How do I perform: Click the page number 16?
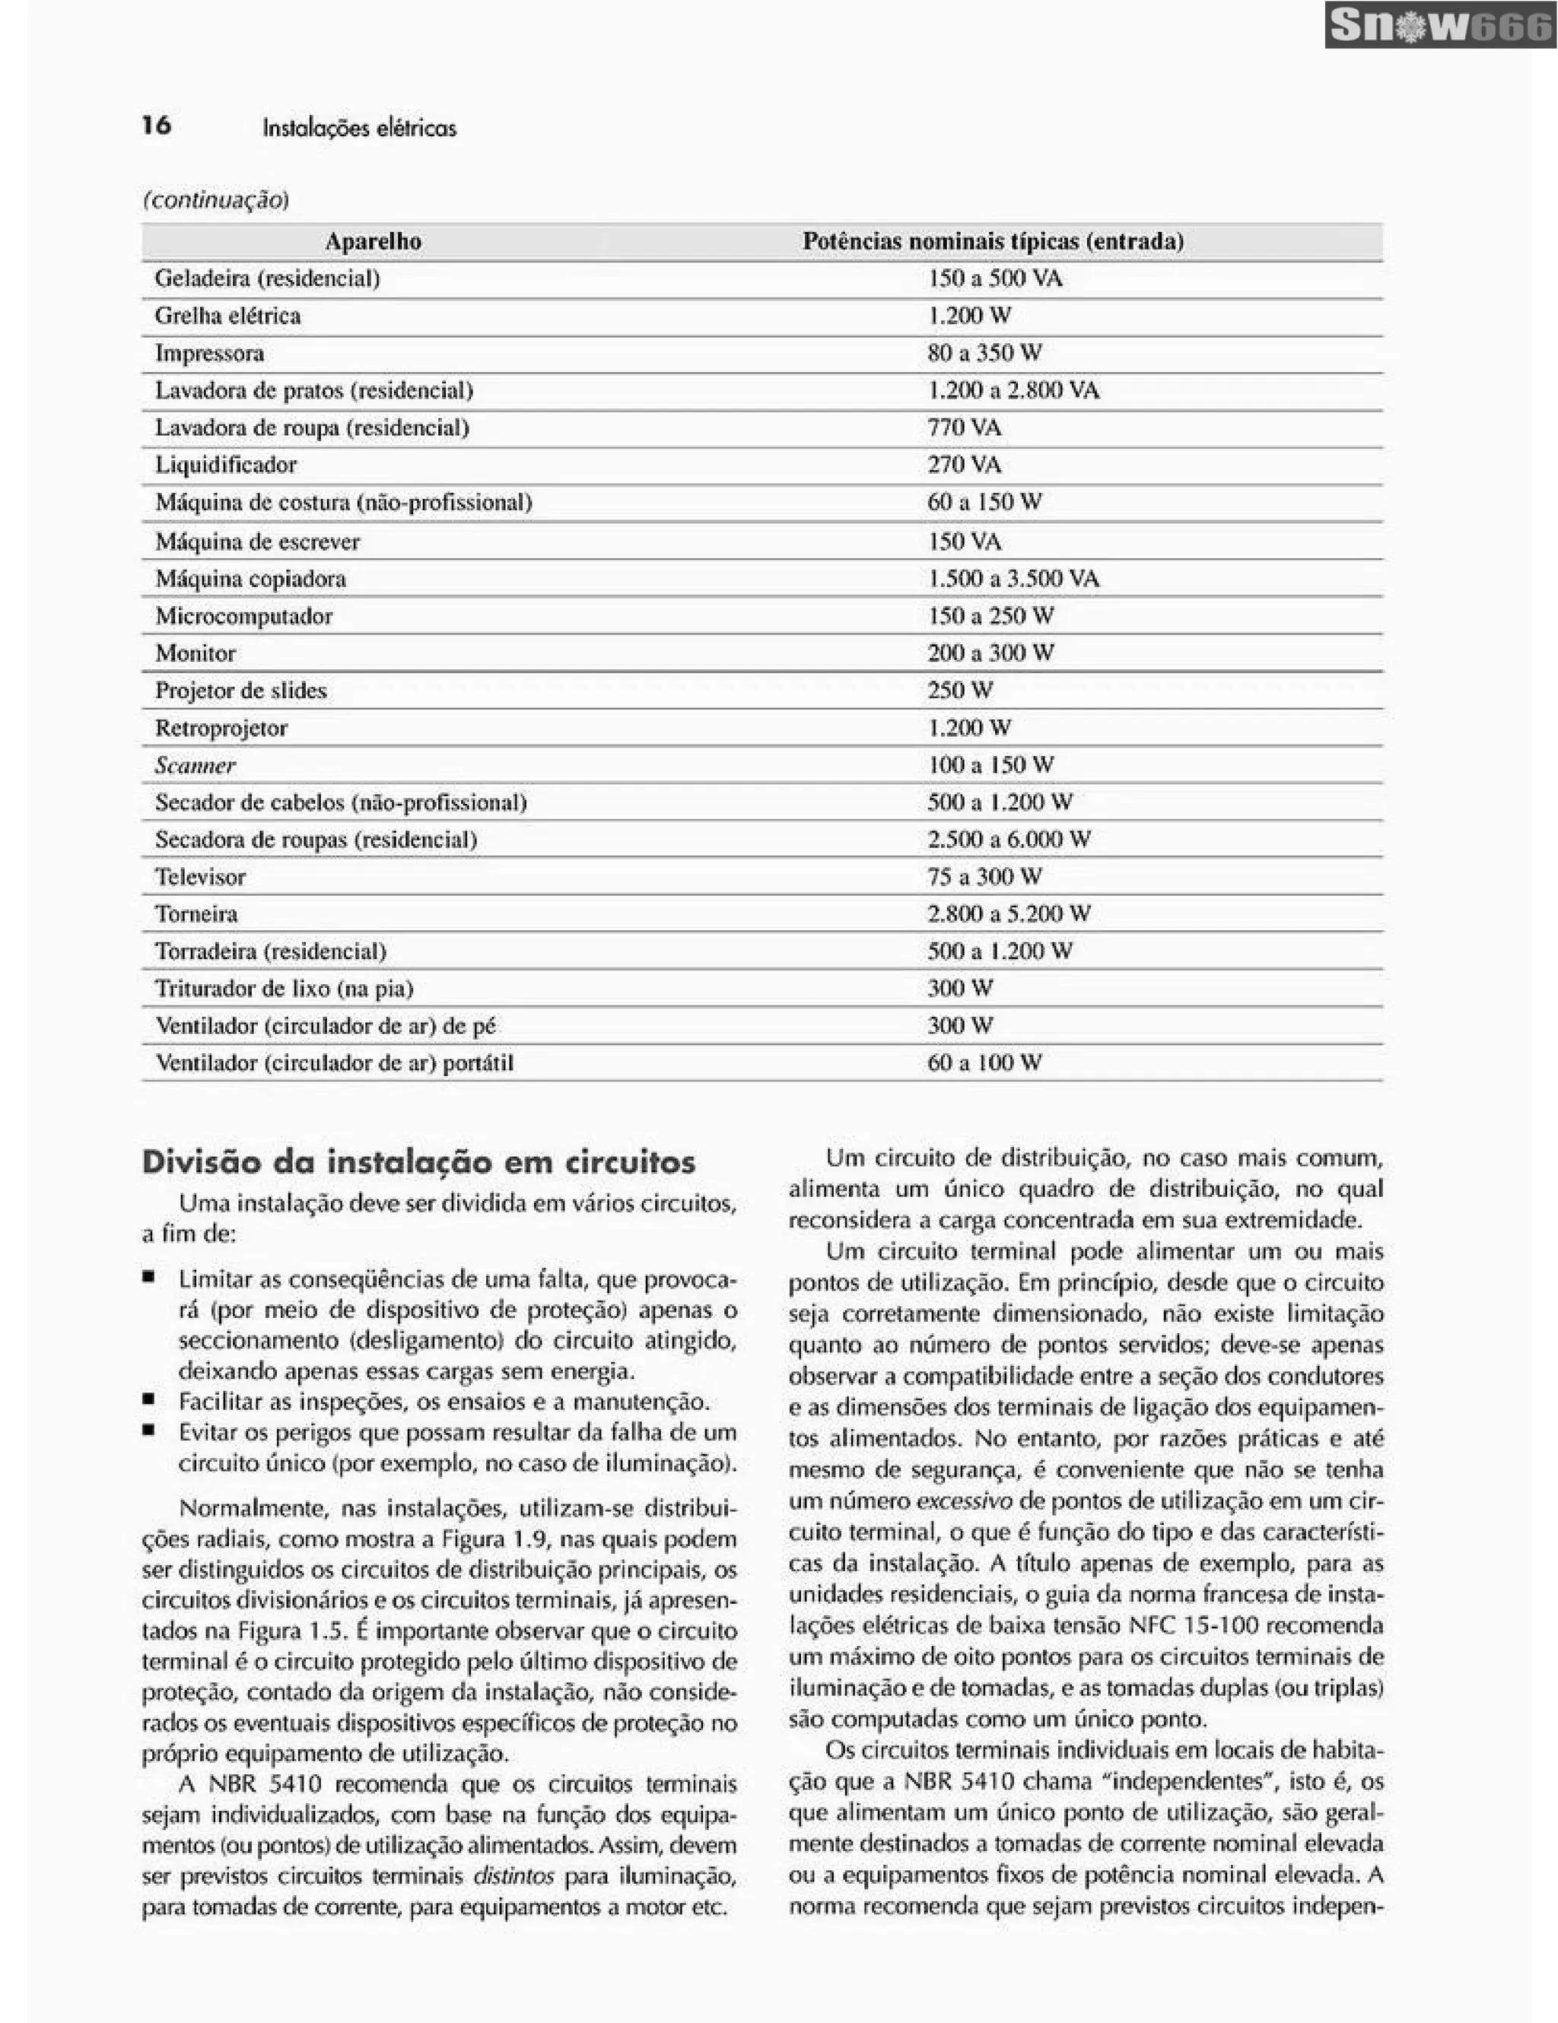coord(157,125)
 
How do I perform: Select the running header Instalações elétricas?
coord(359,128)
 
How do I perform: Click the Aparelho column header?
coord(374,242)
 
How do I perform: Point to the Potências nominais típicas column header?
coord(993,242)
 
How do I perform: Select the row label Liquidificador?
coord(226,465)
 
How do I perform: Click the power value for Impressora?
coord(984,353)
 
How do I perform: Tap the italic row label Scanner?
coord(195,765)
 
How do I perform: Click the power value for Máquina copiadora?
coord(1013,579)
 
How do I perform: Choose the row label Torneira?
coord(196,914)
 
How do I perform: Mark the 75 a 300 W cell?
coord(984,876)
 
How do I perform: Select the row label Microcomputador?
coord(243,616)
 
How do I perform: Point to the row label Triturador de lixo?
coord(284,989)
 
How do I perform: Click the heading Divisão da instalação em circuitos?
coord(418,1161)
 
